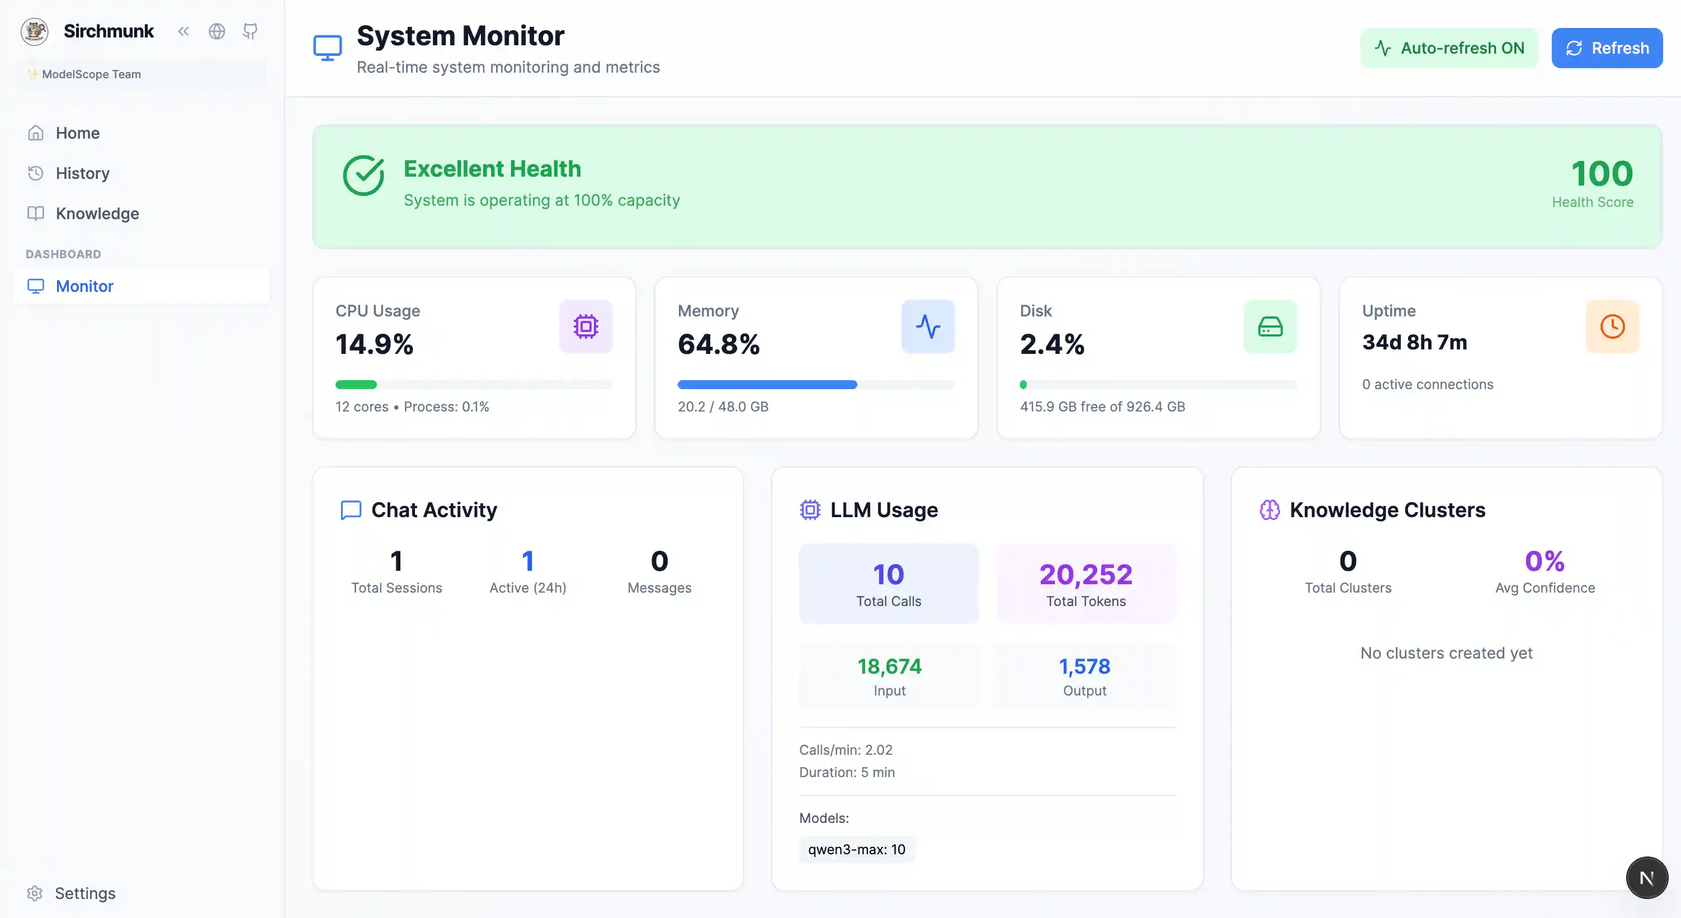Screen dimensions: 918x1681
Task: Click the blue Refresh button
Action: coord(1607,48)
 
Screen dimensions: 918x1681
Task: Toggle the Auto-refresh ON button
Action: coord(1449,48)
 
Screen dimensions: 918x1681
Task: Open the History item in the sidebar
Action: coord(82,173)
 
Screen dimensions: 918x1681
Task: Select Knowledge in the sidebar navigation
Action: coord(97,214)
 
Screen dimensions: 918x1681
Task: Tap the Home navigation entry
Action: coord(77,133)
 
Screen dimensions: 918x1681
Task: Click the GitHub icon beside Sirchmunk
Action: coord(250,31)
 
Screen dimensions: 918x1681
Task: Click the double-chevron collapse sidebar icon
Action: coord(183,31)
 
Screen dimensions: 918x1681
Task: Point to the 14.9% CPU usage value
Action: coord(375,344)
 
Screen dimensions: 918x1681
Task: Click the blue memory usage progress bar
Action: coord(767,385)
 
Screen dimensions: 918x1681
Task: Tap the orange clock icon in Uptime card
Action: coord(1612,326)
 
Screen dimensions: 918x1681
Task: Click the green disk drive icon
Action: coord(1270,326)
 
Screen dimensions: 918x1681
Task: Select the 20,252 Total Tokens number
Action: coord(1086,575)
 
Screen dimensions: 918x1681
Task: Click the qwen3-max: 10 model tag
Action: coord(856,849)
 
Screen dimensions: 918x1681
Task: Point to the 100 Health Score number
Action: coord(1602,173)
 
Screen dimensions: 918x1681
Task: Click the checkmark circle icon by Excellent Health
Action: coord(363,176)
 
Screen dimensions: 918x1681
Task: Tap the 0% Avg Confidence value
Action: coord(1544,561)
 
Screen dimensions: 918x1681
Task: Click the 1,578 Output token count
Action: coord(1084,667)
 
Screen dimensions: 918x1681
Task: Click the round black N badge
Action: coord(1646,878)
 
